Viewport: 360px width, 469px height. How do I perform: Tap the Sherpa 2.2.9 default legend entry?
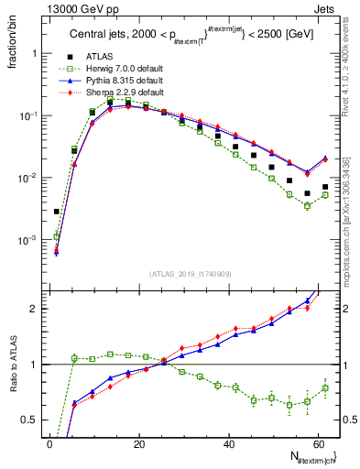119,93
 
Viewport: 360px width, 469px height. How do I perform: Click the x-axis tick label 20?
138,443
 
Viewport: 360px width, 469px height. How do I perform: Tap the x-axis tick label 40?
227,443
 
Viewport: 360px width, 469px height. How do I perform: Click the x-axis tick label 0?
49,443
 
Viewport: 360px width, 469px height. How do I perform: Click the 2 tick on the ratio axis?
34,309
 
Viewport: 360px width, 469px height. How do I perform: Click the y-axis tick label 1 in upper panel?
35,53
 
